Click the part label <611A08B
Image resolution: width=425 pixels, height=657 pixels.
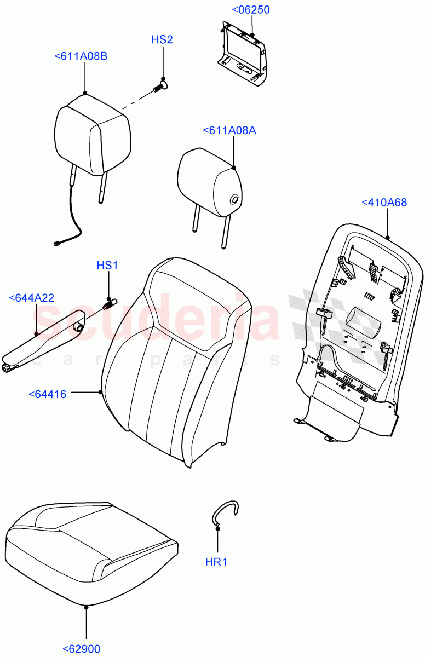(x=81, y=56)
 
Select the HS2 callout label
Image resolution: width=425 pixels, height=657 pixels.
(x=162, y=39)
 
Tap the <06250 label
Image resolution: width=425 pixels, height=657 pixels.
(x=251, y=10)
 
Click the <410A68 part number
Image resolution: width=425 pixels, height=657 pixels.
(x=384, y=203)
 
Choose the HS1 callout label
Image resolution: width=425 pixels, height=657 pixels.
(x=107, y=266)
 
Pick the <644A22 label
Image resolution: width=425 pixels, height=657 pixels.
(x=32, y=298)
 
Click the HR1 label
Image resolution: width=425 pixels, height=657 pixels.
(x=217, y=562)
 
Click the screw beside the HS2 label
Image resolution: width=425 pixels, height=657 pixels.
(x=161, y=86)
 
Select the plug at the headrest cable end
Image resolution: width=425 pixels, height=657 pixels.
(x=56, y=245)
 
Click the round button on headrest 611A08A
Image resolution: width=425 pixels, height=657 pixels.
(x=234, y=199)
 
